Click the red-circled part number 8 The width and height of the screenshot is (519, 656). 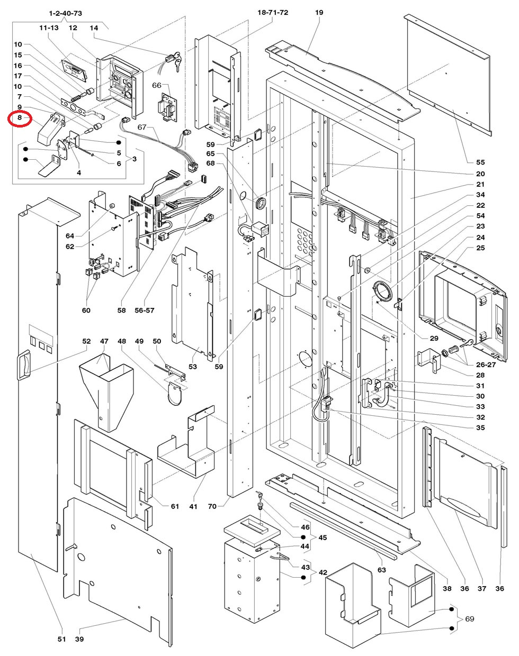(x=19, y=118)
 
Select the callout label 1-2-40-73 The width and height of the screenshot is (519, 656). (x=65, y=12)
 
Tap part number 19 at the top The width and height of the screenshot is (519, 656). (x=319, y=12)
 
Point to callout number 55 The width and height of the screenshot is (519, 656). (x=480, y=162)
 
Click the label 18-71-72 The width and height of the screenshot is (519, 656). (x=273, y=12)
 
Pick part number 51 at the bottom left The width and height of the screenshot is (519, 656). (x=61, y=640)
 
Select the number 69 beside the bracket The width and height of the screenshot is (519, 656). (x=470, y=618)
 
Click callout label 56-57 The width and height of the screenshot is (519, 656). (x=145, y=311)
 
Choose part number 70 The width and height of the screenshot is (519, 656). (x=212, y=506)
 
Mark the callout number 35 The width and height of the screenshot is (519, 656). (x=480, y=427)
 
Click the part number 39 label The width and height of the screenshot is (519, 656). (x=79, y=640)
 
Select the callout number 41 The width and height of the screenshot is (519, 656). (x=193, y=506)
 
